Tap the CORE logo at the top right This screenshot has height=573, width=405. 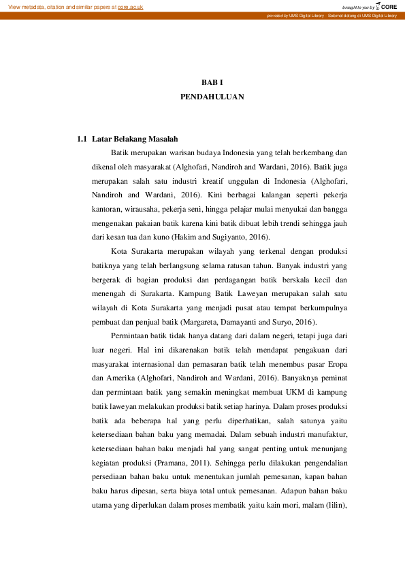tap(388, 6)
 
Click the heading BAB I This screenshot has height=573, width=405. tap(212, 82)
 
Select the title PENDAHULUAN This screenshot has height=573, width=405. tap(212, 97)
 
